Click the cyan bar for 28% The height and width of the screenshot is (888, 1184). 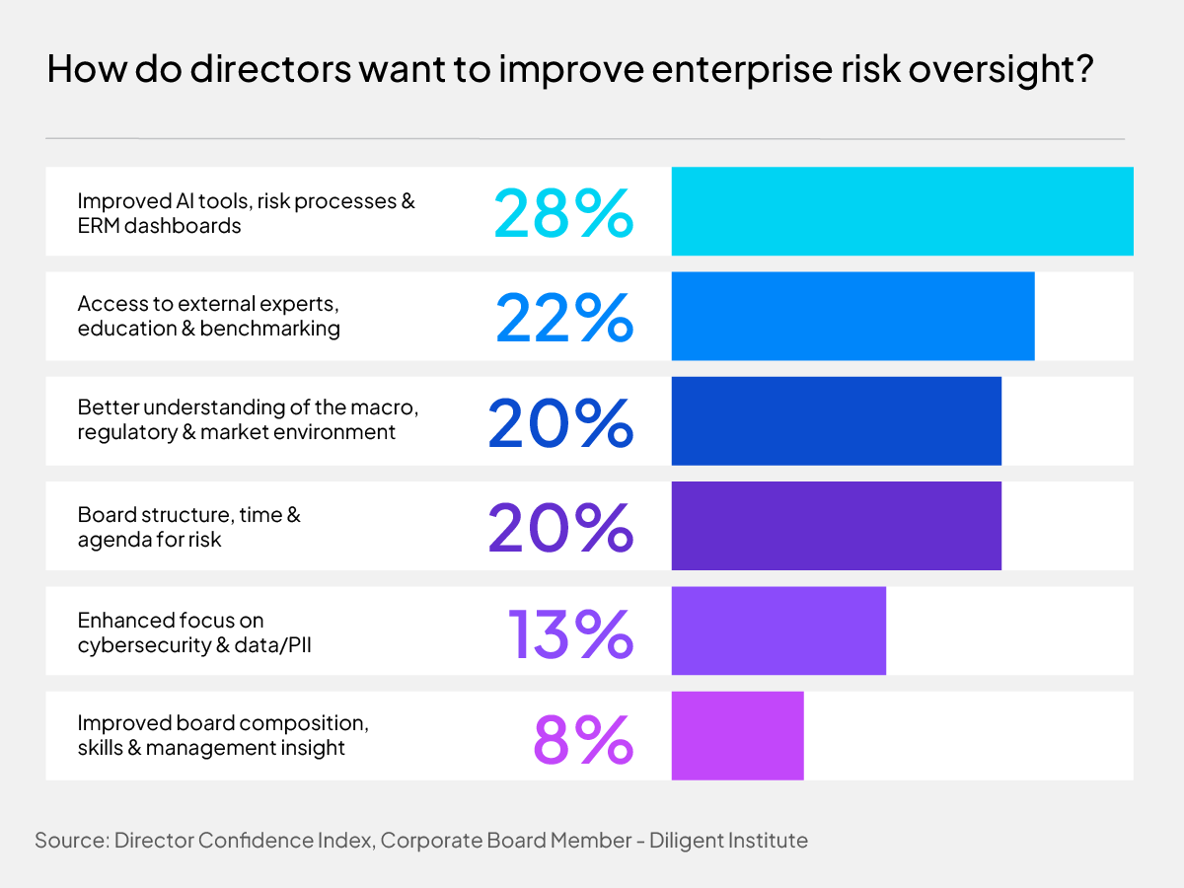point(902,211)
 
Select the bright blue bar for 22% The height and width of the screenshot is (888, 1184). point(852,316)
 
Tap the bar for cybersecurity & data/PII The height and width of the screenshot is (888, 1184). point(778,630)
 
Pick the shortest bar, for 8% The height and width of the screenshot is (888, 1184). point(737,735)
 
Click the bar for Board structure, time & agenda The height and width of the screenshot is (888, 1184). point(836,526)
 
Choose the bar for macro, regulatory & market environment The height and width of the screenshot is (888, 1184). point(836,420)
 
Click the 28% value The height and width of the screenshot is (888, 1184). point(562,212)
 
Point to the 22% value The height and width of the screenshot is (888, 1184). point(563,317)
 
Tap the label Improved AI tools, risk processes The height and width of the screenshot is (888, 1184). point(246,201)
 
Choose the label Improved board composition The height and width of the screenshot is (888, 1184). point(223,723)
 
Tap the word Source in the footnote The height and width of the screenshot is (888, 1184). point(70,841)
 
